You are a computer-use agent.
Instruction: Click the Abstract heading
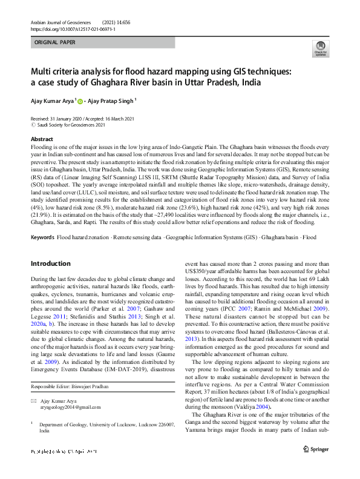pyautogui.click(x=42, y=139)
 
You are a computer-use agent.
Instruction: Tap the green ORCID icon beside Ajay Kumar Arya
pyautogui.click(x=80, y=101)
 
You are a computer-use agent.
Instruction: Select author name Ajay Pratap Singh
pyautogui.click(x=112, y=101)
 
